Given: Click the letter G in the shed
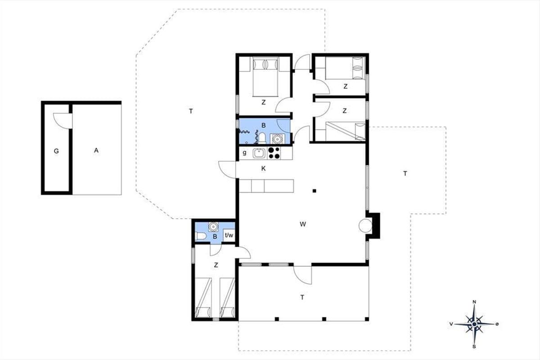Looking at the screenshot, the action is pos(56,151).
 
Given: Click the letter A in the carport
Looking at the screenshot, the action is pos(96,150).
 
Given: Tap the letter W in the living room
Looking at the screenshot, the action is pos(303,224).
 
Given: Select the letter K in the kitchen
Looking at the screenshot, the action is pos(263,169).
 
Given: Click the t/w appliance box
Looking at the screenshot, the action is pos(229,235).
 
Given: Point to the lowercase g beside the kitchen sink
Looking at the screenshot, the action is pos(244,153).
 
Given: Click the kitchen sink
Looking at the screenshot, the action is pos(259,153).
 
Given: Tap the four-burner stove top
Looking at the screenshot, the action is pos(274,153).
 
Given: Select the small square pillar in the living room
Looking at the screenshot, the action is pos(315,191).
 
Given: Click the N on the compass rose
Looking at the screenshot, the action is pos(474,302).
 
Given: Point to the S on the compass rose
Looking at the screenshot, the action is pos(474,347).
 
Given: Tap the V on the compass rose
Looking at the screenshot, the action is pos(451,324).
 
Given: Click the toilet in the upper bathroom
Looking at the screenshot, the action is pos(262,138).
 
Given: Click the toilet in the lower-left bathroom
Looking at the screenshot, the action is pos(201,236).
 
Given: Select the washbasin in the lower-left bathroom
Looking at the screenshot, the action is pos(213,227).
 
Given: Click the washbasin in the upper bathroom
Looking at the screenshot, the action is pos(277,139).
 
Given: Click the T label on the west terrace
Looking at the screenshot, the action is pos(191,111).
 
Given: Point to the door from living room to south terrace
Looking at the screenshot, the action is pos(302,275).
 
